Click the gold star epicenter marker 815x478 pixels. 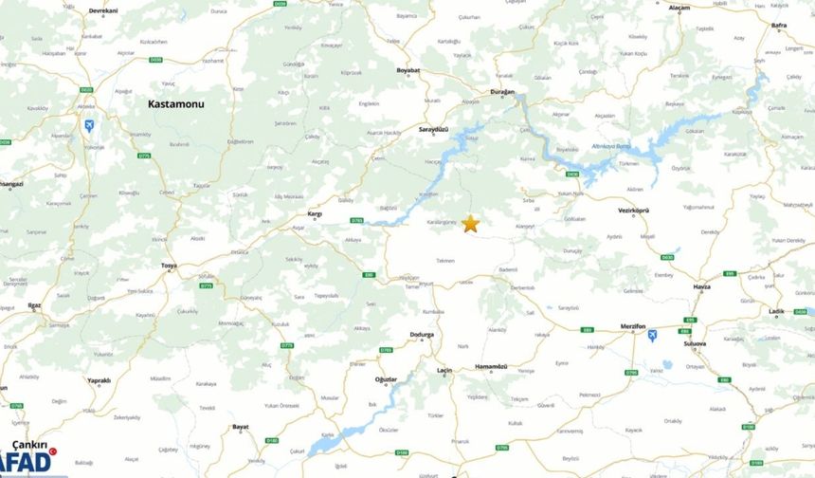coord(470,224)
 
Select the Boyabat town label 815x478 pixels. coord(408,70)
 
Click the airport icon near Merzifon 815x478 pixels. coord(652,336)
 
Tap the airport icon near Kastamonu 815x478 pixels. coord(89,125)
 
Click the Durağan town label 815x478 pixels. coord(501,92)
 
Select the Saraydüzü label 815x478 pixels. coord(433,129)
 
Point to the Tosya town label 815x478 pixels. coord(170,266)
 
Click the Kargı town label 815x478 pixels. coord(315,214)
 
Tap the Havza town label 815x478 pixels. coord(701,286)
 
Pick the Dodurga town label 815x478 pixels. coord(421,335)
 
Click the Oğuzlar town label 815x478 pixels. coord(386,379)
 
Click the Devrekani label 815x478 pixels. coord(103,10)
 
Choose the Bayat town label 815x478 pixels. coord(241,427)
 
